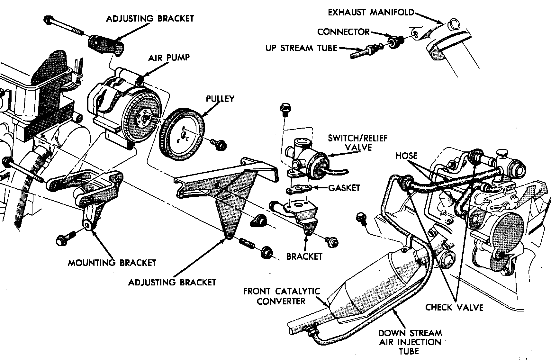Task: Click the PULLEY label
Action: pos(220,99)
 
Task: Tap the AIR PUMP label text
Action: pos(169,58)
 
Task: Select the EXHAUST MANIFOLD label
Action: pos(371,13)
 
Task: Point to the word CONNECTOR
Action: pos(343,32)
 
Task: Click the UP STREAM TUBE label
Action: pos(301,48)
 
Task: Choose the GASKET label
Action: pos(344,188)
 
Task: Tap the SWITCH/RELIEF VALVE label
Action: pos(358,143)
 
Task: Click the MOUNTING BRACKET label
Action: pos(112,263)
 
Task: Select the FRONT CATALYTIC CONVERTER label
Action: pos(281,296)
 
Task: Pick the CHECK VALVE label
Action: pos(454,308)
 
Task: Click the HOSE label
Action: pos(406,156)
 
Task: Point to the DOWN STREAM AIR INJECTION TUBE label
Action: pos(410,342)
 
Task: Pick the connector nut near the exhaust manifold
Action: pos(393,42)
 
